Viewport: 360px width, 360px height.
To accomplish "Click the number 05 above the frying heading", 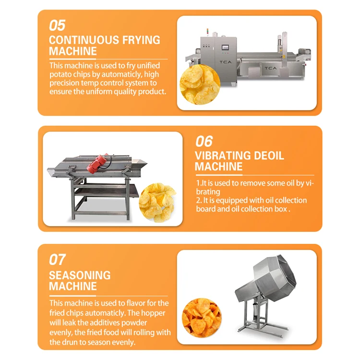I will coord(57,25).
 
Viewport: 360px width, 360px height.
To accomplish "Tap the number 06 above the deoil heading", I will coord(204,141).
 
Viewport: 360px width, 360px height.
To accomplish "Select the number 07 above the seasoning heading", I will coord(57,260).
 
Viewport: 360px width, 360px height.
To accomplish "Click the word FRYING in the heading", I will coord(137,40).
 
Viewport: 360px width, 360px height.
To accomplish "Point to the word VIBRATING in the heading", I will coord(223,156).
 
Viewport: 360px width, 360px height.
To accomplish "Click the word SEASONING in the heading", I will coord(80,276).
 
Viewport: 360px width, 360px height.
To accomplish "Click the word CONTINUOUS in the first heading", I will coord(82,40).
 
